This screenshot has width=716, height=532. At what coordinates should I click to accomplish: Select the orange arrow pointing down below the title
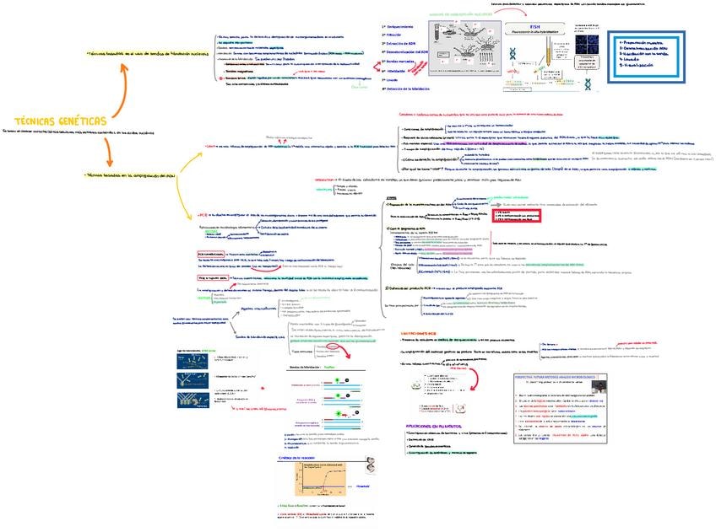click(x=108, y=153)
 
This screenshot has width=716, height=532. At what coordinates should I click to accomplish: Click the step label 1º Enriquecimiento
click(x=404, y=27)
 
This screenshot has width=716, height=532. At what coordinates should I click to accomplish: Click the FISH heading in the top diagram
click(x=534, y=27)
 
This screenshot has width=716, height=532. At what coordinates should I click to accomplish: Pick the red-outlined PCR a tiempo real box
click(x=213, y=277)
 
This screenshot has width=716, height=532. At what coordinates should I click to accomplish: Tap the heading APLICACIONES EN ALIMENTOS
click(x=436, y=427)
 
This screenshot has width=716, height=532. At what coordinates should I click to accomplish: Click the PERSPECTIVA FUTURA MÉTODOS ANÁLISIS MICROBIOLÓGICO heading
click(x=558, y=377)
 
